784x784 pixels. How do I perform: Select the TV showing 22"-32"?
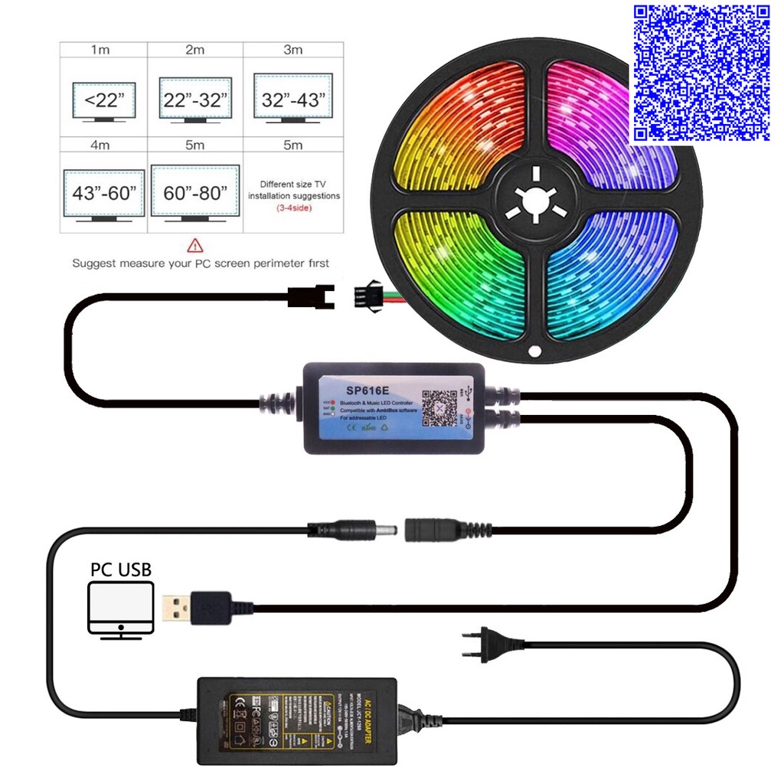tap(195, 100)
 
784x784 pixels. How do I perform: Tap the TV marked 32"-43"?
tap(293, 100)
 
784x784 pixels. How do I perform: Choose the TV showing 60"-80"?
tap(195, 193)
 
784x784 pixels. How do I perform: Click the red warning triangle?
tap(195, 246)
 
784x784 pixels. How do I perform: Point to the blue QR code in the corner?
tap(699, 73)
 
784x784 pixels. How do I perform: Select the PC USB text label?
tap(121, 569)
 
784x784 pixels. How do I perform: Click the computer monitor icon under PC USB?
tap(121, 609)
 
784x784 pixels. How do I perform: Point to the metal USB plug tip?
tap(177, 608)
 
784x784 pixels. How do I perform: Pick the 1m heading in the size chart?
tap(100, 50)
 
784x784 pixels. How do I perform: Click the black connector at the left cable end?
tap(311, 296)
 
